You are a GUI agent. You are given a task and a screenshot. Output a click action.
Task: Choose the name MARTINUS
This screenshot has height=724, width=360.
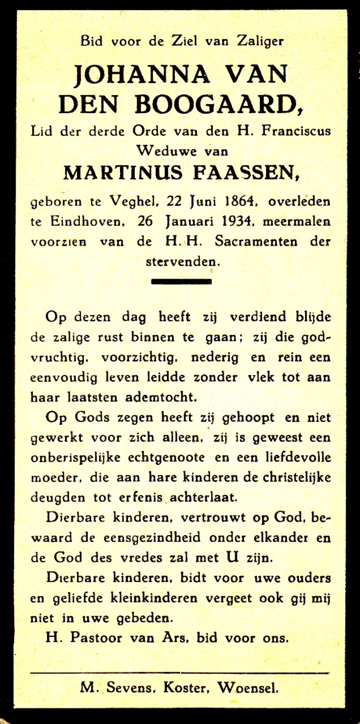(123, 172)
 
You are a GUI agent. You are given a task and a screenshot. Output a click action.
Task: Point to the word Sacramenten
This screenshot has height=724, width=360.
(250, 242)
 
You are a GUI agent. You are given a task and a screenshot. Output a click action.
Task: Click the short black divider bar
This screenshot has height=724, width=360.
(181, 281)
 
